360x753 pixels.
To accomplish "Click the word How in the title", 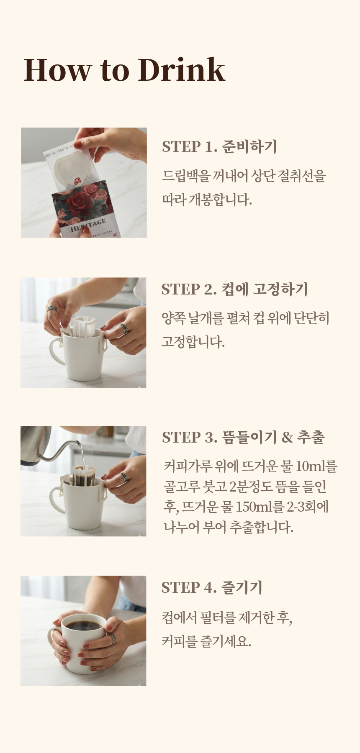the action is (57, 69).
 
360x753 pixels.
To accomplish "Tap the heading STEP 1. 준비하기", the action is (220, 146).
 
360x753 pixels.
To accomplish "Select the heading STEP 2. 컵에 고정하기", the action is (235, 289).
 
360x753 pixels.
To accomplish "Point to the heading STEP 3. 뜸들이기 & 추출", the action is (243, 437).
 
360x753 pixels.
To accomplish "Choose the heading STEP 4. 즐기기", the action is (212, 587).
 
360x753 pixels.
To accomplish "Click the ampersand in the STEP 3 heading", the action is (287, 438).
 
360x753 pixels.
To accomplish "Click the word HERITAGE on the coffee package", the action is (88, 225).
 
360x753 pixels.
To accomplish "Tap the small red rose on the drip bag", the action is (77, 181).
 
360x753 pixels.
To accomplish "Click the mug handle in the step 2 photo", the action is (56, 353).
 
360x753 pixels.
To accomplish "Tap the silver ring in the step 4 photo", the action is (112, 639).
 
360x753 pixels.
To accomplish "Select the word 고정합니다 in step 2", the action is (193, 342).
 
